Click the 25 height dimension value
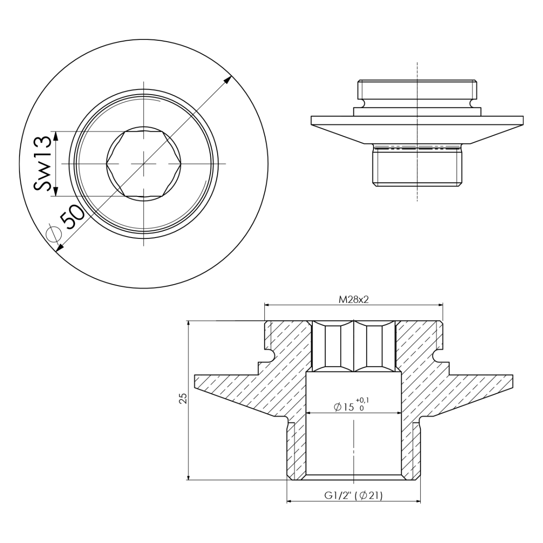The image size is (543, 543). [x=183, y=398]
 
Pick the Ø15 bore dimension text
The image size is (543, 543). [x=344, y=407]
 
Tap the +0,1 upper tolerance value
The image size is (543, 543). [x=362, y=400]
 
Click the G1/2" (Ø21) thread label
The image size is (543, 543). [x=353, y=496]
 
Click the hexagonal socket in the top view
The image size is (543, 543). [x=144, y=163]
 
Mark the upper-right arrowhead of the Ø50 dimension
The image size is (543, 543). [x=229, y=79]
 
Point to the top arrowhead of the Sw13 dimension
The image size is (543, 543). [x=55, y=134]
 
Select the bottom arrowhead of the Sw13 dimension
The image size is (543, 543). [x=55, y=193]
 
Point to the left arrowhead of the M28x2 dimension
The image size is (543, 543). [x=267, y=305]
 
